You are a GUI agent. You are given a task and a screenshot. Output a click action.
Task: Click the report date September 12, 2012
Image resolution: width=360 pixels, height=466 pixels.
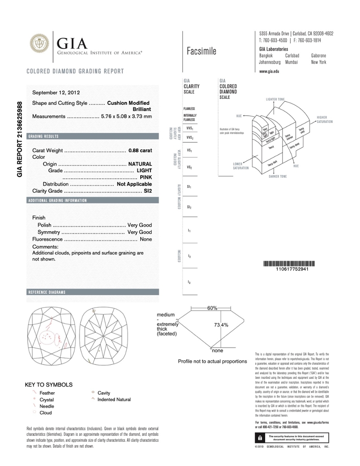click(x=56, y=92)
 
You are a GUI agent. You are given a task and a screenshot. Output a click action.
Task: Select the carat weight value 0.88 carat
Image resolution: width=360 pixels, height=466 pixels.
click(x=140, y=151)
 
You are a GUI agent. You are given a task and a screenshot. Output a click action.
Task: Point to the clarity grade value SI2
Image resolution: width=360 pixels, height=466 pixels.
click(x=148, y=191)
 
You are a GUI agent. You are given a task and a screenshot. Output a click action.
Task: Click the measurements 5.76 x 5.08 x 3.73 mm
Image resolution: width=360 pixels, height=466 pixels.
click(x=126, y=116)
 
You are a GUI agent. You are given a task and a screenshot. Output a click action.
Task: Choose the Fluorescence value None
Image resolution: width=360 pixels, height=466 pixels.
click(x=146, y=239)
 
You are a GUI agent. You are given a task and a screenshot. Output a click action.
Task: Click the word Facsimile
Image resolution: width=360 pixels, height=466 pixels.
click(x=202, y=52)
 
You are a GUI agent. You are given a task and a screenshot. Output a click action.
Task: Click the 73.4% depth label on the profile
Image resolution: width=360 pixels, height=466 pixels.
click(x=221, y=325)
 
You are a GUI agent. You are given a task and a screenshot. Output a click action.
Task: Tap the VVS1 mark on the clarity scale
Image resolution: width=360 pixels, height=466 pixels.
click(x=189, y=129)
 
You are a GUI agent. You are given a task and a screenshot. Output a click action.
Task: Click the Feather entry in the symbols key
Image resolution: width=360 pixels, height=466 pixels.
click(x=47, y=393)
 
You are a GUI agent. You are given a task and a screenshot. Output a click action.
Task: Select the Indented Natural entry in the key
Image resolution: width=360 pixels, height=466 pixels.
click(x=114, y=400)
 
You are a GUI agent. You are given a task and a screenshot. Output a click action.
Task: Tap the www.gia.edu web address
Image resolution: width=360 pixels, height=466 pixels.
click(x=269, y=71)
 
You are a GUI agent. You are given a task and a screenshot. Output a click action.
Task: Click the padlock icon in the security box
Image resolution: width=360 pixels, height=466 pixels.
click(x=259, y=438)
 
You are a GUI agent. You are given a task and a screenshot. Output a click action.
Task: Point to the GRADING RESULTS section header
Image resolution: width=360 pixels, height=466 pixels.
click(x=43, y=136)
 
